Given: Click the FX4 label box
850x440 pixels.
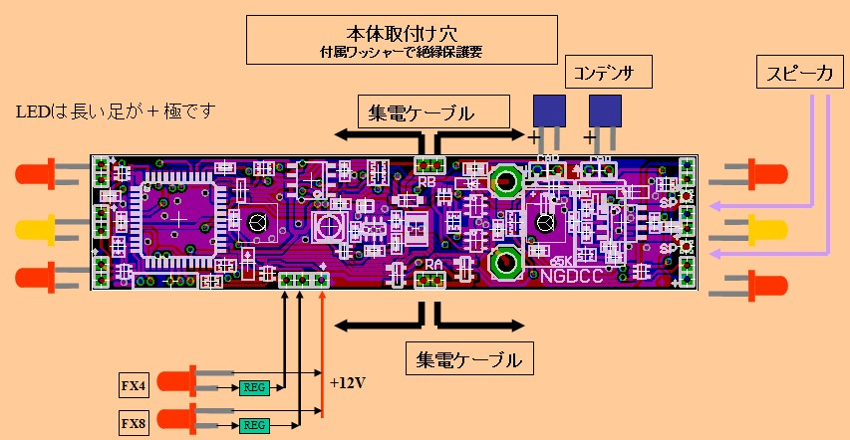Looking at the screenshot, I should coord(133,384).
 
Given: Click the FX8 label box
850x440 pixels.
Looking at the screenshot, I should coord(133,424).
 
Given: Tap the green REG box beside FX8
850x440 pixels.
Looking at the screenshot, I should coord(253,425).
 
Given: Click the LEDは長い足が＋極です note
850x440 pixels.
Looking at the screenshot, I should coord(116,110).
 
